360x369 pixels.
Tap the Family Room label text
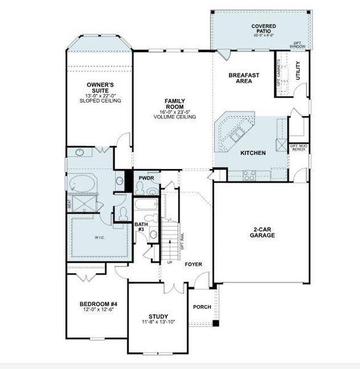175,103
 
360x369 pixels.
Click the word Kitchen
253,152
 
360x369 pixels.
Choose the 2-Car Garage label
263,232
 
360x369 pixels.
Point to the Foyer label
193,264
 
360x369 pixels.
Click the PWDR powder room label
146,178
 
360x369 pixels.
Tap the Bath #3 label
140,227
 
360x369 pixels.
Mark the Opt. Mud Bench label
298,148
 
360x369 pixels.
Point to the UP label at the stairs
169,262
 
